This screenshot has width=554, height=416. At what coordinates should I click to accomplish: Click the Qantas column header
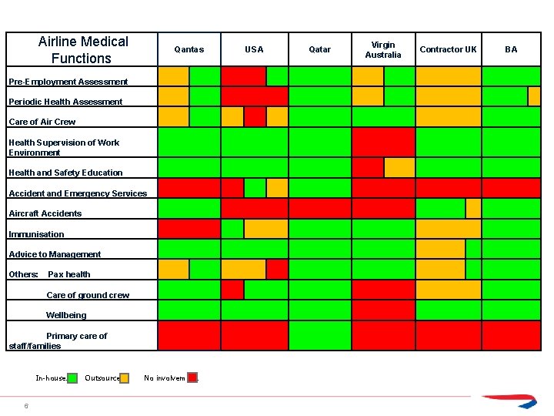click(189, 49)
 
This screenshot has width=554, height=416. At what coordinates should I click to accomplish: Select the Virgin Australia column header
click(383, 49)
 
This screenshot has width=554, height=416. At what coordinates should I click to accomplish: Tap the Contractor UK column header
click(448, 49)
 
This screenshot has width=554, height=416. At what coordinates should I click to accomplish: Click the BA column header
click(511, 49)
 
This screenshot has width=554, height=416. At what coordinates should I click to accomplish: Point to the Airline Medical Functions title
click(82, 49)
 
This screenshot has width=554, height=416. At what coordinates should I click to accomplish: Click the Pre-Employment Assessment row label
click(68, 82)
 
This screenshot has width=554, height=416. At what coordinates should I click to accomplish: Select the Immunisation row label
click(37, 234)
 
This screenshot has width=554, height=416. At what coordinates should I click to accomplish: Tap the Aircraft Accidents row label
click(45, 213)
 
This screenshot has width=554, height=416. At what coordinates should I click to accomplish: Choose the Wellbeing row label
click(66, 315)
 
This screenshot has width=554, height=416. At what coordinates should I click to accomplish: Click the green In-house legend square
click(72, 378)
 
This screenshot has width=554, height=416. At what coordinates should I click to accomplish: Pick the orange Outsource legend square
click(125, 378)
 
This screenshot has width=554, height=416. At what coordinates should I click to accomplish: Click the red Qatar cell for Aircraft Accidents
click(319, 208)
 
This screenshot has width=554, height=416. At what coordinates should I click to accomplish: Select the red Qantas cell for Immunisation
click(189, 229)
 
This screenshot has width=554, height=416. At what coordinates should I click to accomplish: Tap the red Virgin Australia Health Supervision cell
click(383, 142)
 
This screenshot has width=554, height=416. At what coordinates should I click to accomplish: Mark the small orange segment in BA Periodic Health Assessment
click(534, 96)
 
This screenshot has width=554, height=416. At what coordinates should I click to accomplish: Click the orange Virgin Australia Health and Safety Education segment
click(399, 167)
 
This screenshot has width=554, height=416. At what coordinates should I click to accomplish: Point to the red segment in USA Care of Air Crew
click(255, 116)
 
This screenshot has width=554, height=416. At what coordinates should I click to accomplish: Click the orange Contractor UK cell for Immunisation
click(448, 229)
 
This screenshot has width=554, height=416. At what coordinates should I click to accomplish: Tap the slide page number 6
click(26, 406)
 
